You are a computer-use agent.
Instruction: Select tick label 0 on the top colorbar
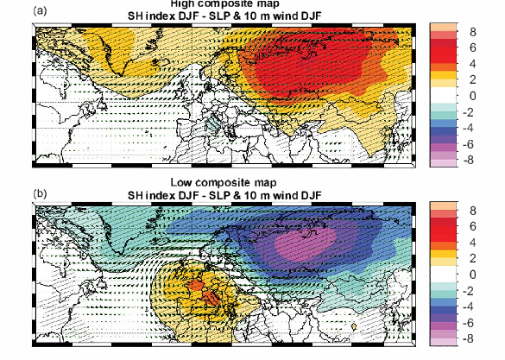click(x=472, y=96)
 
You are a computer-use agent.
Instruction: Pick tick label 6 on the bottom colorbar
click(x=472, y=227)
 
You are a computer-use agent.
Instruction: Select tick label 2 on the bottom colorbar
click(x=472, y=258)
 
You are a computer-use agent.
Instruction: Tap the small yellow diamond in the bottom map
click(x=354, y=325)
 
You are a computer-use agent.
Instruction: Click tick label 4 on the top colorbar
click(x=472, y=65)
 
